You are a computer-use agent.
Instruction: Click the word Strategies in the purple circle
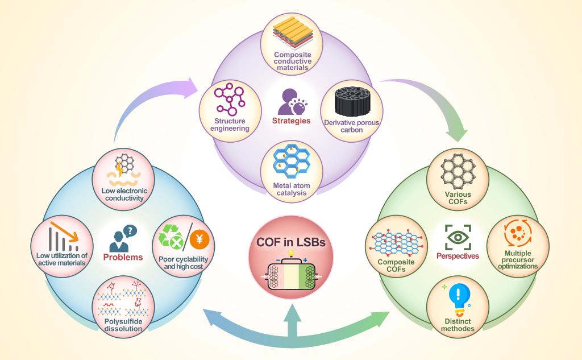290,121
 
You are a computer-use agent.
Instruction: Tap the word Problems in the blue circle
123,257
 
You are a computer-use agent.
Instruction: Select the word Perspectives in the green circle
458,256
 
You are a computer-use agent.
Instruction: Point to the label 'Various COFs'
458,198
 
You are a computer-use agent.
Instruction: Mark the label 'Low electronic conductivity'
123,195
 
